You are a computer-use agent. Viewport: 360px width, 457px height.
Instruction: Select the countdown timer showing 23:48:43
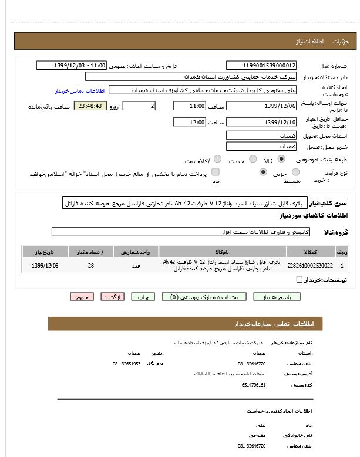(x=90, y=106)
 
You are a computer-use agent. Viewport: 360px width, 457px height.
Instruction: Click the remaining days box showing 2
(x=139, y=106)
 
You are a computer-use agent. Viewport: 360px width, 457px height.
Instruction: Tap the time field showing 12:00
(x=189, y=122)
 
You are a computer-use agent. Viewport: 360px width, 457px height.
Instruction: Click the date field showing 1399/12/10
(x=261, y=122)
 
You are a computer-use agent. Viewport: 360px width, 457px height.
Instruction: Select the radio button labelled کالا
(x=282, y=159)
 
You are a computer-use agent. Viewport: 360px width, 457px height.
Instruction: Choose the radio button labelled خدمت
(x=253, y=159)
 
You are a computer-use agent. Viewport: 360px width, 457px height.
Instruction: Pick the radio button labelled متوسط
(x=263, y=172)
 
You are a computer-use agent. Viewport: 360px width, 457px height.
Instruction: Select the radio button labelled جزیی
(x=295, y=172)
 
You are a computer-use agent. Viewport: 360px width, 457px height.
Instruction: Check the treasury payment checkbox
(x=216, y=172)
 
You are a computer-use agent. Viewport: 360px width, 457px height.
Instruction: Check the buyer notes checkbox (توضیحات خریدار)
(x=300, y=280)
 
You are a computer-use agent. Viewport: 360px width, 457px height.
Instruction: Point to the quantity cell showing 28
(x=91, y=265)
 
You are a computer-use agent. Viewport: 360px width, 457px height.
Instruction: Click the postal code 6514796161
(x=254, y=385)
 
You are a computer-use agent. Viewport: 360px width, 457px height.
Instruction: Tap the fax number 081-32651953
(x=126, y=364)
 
